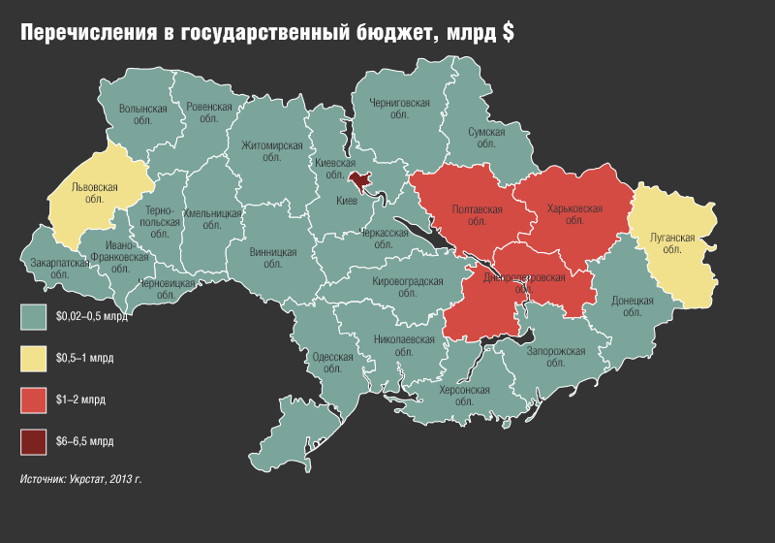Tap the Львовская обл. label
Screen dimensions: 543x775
[95, 192]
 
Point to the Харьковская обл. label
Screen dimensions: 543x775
[574, 214]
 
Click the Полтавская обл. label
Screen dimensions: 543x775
[478, 214]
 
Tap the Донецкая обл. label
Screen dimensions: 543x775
[633, 306]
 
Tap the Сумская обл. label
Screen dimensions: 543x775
[485, 137]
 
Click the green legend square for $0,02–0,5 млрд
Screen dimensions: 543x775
[34, 316]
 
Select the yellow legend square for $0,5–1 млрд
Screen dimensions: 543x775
[34, 359]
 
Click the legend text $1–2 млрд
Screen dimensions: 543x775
[81, 400]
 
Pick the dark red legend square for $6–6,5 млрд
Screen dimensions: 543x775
[34, 442]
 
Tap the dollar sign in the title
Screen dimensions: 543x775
[508, 33]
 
